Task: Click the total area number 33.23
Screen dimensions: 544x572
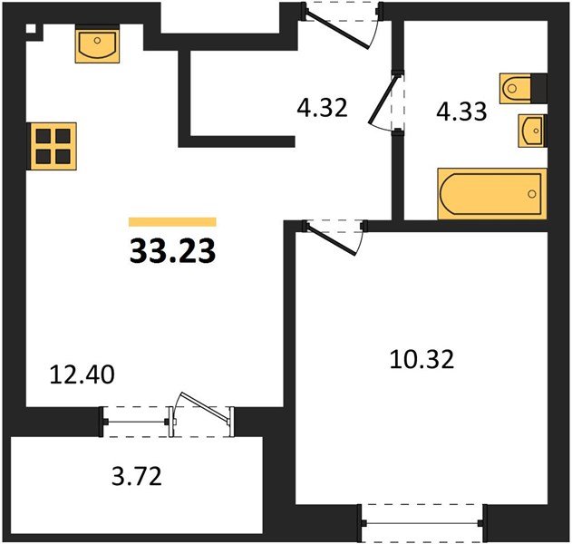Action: tap(172, 251)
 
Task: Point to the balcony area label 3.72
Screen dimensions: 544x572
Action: tap(133, 474)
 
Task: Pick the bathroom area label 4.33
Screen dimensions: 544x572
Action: tap(462, 112)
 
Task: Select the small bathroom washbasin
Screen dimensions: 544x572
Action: tap(532, 131)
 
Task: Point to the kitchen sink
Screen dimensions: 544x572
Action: tap(96, 44)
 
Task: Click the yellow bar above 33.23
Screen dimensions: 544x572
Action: tap(172, 221)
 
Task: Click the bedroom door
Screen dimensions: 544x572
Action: tap(333, 235)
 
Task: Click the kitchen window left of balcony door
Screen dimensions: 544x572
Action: tap(137, 419)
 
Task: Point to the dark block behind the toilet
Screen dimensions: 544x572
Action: tap(541, 87)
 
